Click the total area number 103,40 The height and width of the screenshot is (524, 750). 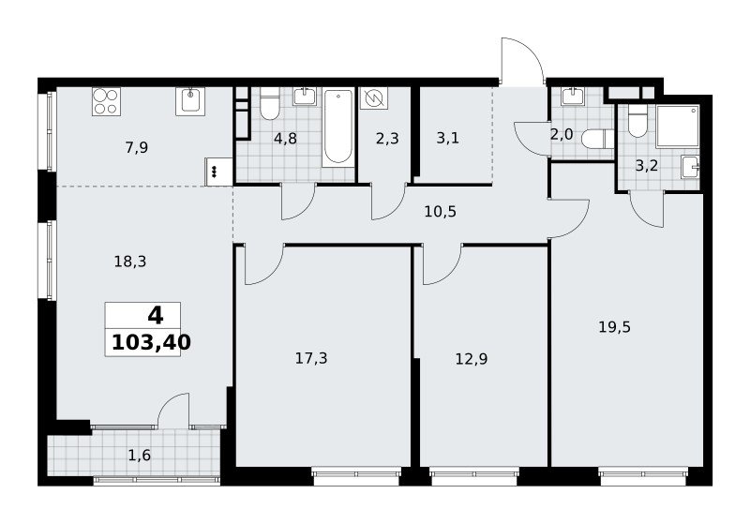click(151, 342)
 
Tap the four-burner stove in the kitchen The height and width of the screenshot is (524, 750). click(106, 101)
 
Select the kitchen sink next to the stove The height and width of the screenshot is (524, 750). click(190, 101)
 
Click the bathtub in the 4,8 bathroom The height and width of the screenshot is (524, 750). click(338, 127)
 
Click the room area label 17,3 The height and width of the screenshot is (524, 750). click(311, 358)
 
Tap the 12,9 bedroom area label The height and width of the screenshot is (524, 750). click(472, 359)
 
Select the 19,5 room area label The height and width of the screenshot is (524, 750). click(615, 327)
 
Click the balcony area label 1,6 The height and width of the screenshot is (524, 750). click(140, 456)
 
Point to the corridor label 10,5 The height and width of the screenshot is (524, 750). click(441, 211)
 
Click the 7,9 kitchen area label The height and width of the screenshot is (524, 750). click(137, 148)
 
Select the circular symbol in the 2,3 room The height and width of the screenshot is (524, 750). click(373, 98)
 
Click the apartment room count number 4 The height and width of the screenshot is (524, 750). click(156, 316)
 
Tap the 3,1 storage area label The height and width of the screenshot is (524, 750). click(448, 138)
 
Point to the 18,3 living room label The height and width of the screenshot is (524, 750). click(130, 262)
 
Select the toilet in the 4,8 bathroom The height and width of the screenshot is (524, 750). click(269, 104)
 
